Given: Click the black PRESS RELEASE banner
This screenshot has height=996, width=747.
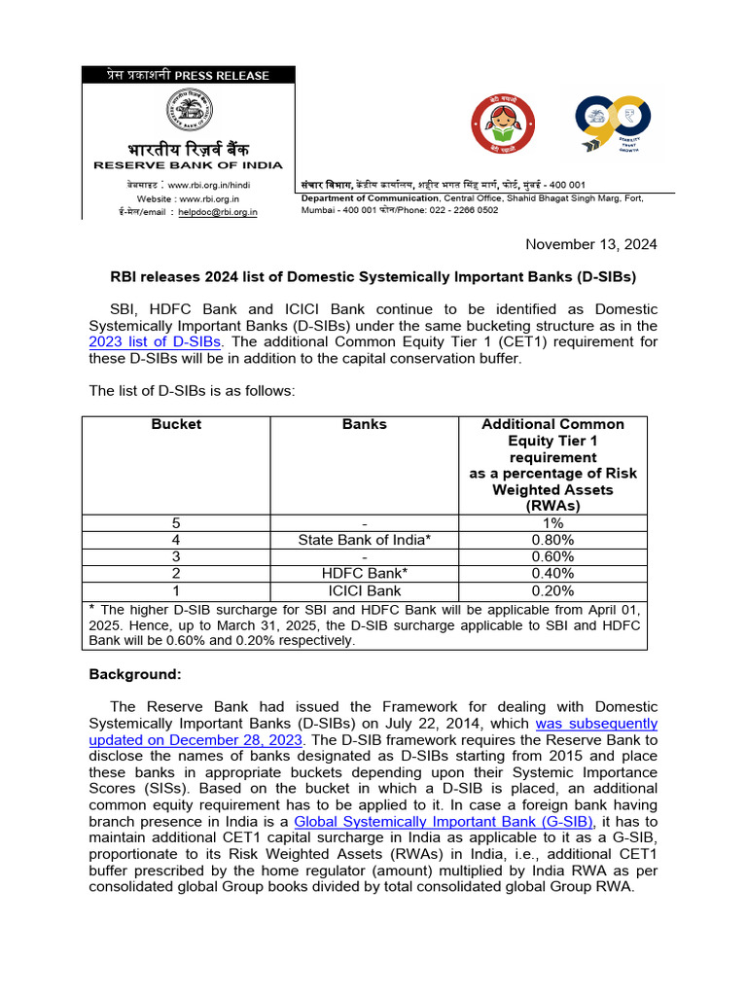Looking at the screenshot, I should point(188,75).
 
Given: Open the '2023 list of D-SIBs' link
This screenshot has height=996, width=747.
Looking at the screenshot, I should point(155,341).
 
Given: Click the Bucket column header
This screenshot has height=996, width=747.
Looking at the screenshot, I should point(176,424).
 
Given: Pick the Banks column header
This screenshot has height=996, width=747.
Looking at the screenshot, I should point(365,424).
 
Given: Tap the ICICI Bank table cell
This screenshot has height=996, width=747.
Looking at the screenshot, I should point(365,590).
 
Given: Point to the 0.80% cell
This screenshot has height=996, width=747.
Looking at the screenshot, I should point(552,540).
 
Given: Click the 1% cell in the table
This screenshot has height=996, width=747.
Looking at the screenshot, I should point(552,523).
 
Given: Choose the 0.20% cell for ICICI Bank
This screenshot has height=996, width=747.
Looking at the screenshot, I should point(552,590).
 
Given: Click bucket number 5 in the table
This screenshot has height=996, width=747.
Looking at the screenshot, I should point(176,523).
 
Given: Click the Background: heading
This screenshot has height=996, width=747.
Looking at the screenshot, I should point(135,673).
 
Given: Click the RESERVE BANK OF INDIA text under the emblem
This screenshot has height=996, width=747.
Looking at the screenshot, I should point(188,165).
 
